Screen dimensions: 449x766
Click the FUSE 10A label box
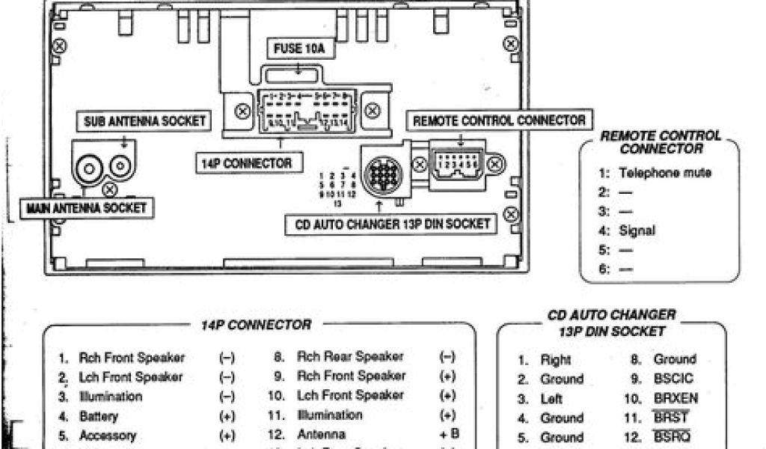point(298,51)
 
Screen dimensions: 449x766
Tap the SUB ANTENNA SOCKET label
point(144,120)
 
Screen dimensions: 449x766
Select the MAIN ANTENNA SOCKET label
point(86,207)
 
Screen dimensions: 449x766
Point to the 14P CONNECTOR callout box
point(245,162)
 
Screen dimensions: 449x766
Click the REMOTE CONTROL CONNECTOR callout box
point(499,120)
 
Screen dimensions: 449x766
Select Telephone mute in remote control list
point(664,173)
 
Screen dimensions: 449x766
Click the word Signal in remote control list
point(637,230)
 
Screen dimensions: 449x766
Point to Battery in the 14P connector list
point(98,415)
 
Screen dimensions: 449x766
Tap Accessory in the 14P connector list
point(107,435)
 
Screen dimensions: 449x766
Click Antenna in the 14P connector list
point(321,434)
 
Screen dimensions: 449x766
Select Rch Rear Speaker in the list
point(349,356)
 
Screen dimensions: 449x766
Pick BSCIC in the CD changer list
point(673,379)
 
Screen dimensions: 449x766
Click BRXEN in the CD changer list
point(675,398)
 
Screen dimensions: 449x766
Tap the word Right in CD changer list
point(556,360)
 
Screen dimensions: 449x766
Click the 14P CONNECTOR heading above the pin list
point(255,325)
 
